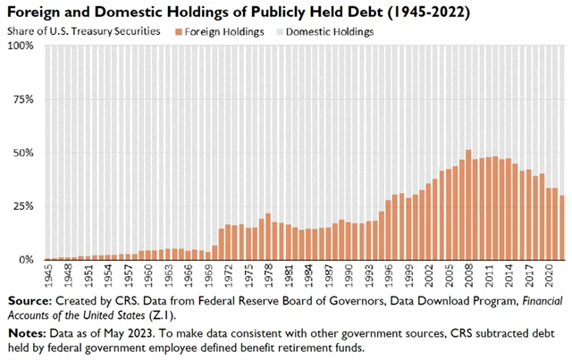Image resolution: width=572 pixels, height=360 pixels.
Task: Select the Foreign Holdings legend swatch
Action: (x=179, y=32)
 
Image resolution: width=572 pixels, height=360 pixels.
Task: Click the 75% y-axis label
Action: (x=23, y=98)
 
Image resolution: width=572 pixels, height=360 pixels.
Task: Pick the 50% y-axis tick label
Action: (x=23, y=152)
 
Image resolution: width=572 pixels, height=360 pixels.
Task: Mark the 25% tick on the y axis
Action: (x=23, y=205)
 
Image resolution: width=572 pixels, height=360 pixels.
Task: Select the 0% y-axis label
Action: (x=26, y=259)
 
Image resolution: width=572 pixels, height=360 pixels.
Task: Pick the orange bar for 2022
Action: (x=562, y=228)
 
